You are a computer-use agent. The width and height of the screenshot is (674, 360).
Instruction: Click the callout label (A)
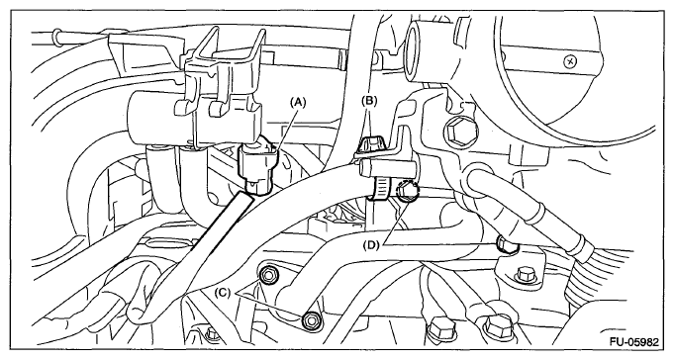[298, 102]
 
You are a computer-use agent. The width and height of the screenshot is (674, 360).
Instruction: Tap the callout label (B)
[369, 101]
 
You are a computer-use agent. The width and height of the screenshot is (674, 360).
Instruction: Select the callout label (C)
[223, 293]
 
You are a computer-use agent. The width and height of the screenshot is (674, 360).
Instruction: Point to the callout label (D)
[371, 245]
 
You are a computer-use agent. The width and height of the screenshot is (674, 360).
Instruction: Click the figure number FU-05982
[633, 342]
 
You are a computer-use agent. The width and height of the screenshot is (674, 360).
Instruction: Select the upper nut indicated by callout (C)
[268, 275]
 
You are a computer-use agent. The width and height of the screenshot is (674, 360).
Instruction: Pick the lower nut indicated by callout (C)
[310, 320]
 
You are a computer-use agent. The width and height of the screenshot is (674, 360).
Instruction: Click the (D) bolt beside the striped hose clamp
[408, 191]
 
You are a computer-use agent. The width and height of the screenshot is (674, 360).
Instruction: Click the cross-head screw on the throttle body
[570, 62]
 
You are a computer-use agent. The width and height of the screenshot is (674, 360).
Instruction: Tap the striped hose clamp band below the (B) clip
[381, 188]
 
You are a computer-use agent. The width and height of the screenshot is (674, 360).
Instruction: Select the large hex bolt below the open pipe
[457, 130]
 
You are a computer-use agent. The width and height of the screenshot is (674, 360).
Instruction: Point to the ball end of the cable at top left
[55, 36]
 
